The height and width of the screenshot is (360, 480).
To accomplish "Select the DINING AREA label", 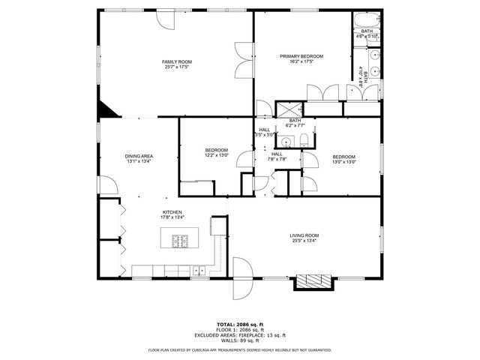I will [139, 155].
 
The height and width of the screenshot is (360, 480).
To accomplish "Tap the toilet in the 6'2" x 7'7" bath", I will [286, 140].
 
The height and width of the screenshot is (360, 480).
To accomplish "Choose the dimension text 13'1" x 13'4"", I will [139, 161].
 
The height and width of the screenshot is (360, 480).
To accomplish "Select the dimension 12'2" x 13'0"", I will [217, 155].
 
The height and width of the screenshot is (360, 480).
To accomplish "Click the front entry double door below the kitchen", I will [241, 278].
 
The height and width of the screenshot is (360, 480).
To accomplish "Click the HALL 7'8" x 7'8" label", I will [277, 156].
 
